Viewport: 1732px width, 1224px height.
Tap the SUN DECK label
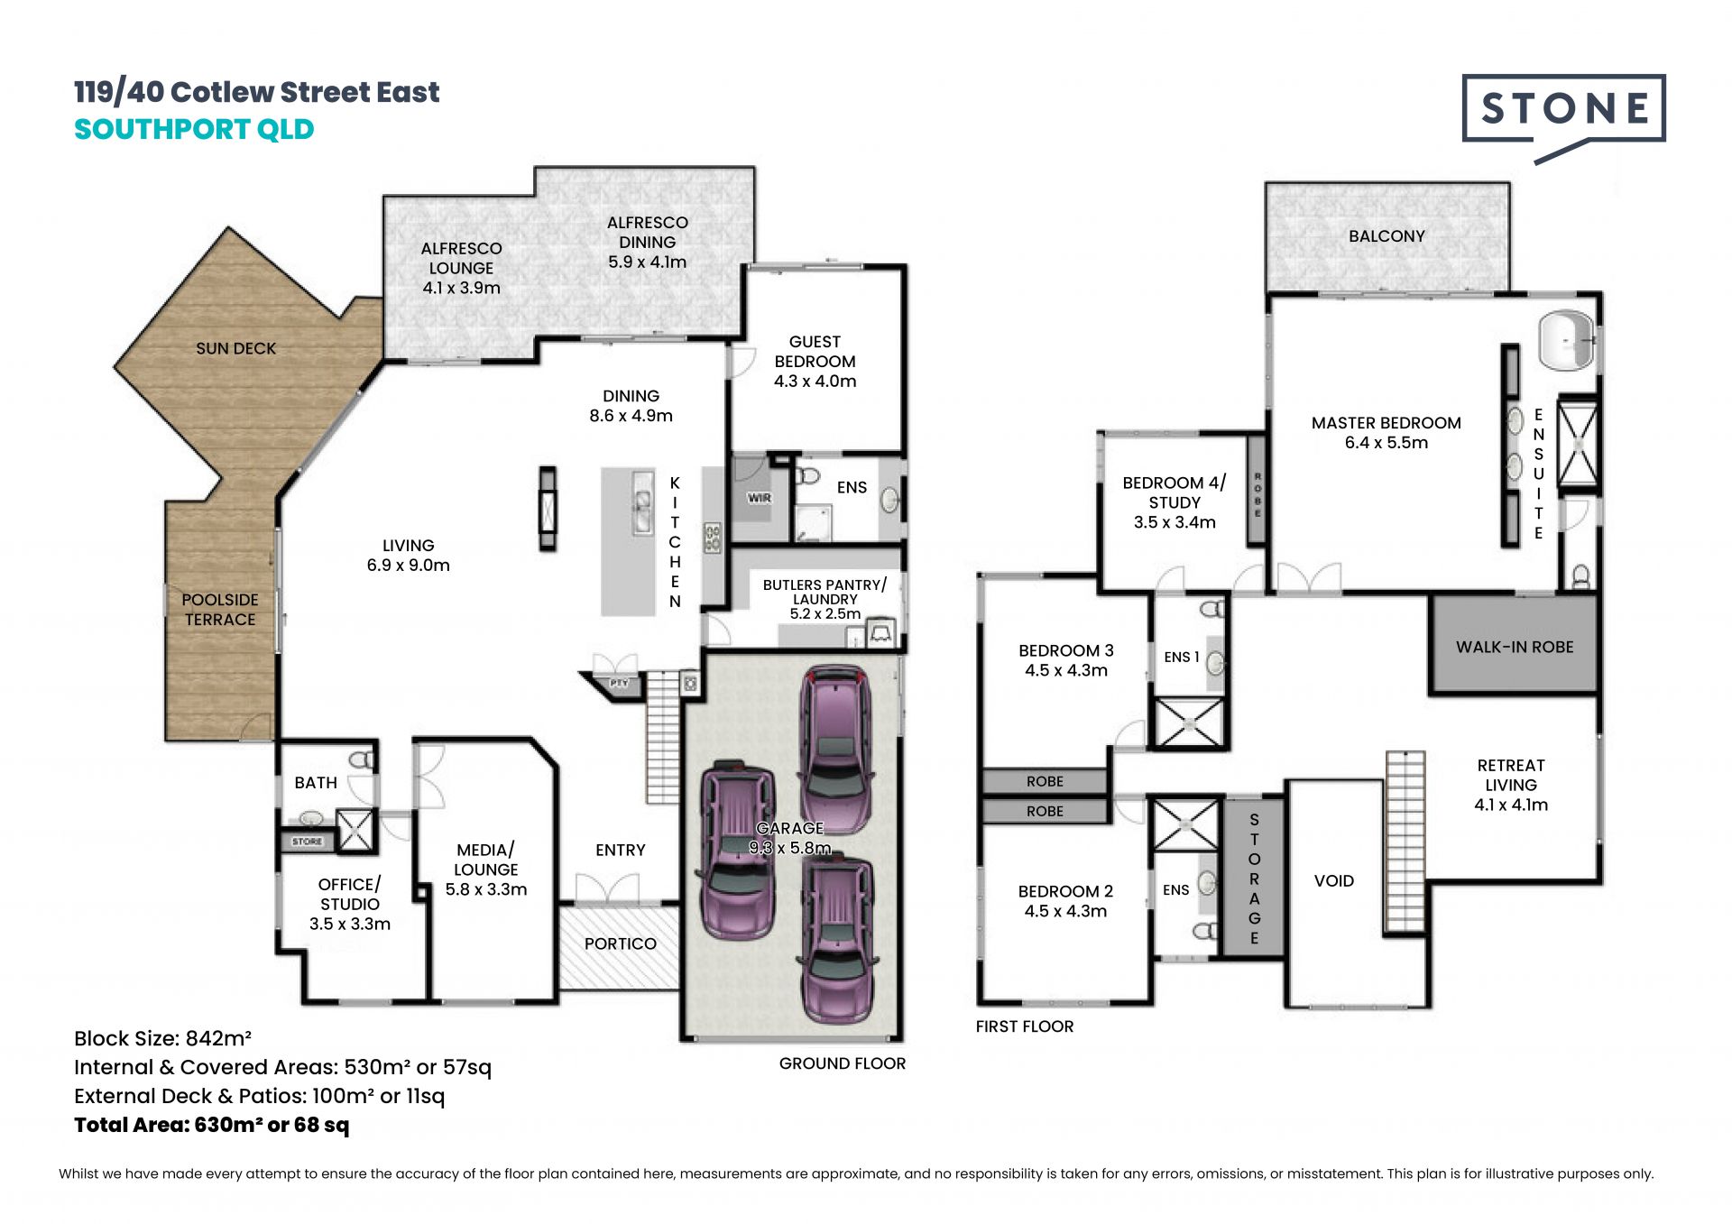click(x=236, y=348)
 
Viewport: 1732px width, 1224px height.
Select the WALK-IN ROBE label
click(x=1515, y=647)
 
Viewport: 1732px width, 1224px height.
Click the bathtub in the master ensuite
click(x=1567, y=341)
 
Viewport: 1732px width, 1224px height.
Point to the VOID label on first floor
click(x=1334, y=880)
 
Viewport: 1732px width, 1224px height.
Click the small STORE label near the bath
click(x=307, y=842)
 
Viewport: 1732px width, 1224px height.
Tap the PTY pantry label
click(x=619, y=684)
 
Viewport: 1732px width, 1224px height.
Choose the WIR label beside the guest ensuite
click(x=760, y=498)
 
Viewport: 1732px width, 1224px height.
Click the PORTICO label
click(x=621, y=943)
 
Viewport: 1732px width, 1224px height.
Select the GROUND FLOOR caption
click(x=843, y=1063)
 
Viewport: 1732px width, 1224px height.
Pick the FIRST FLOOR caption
click(x=1025, y=1026)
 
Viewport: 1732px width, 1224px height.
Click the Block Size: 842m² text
click(x=162, y=1038)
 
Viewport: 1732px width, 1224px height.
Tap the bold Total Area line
click(x=211, y=1125)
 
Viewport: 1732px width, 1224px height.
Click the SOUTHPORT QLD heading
click(x=194, y=129)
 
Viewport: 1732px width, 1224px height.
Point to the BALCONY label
click(x=1387, y=236)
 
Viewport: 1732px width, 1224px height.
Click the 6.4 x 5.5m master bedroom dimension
click(x=1387, y=443)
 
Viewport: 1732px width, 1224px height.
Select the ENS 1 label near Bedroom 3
click(x=1182, y=657)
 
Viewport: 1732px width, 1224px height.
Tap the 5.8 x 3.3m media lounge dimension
click(x=486, y=889)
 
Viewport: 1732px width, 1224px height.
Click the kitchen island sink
click(x=642, y=503)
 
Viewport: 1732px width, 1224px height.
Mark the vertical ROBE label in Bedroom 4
click(x=1258, y=495)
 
